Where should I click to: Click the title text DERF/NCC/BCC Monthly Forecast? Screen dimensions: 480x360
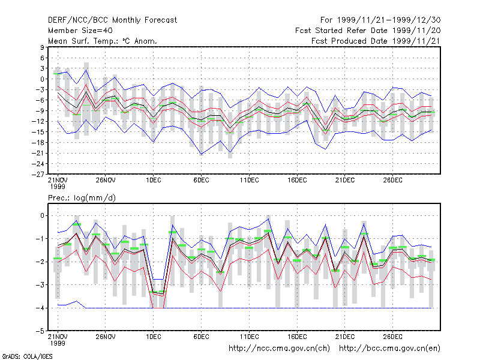[112, 20]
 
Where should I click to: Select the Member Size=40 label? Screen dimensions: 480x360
[80, 31]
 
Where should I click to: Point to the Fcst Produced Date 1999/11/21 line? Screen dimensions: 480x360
[376, 41]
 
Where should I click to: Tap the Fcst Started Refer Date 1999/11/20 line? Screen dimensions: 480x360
[368, 31]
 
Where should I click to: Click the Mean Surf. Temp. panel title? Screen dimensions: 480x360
[103, 41]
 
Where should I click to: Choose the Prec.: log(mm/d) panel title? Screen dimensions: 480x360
[82, 198]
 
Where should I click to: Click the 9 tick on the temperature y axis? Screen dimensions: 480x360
[42, 47]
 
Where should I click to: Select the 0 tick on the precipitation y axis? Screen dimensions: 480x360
[42, 215]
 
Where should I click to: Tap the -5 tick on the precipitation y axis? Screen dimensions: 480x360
[40, 331]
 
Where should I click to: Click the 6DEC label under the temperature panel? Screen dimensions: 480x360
[201, 181]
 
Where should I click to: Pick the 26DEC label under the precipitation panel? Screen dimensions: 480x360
[393, 337]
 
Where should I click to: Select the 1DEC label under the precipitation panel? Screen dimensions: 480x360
[154, 337]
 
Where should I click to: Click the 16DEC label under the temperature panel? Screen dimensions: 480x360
[297, 181]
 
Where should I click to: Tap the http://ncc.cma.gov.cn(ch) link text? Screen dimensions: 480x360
[279, 349]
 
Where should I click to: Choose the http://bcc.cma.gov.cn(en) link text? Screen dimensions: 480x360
[389, 349]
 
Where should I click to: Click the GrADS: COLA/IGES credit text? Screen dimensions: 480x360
[27, 356]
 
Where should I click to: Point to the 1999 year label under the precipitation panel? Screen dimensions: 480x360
[58, 343]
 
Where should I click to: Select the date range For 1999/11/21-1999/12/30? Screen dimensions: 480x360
[380, 20]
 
